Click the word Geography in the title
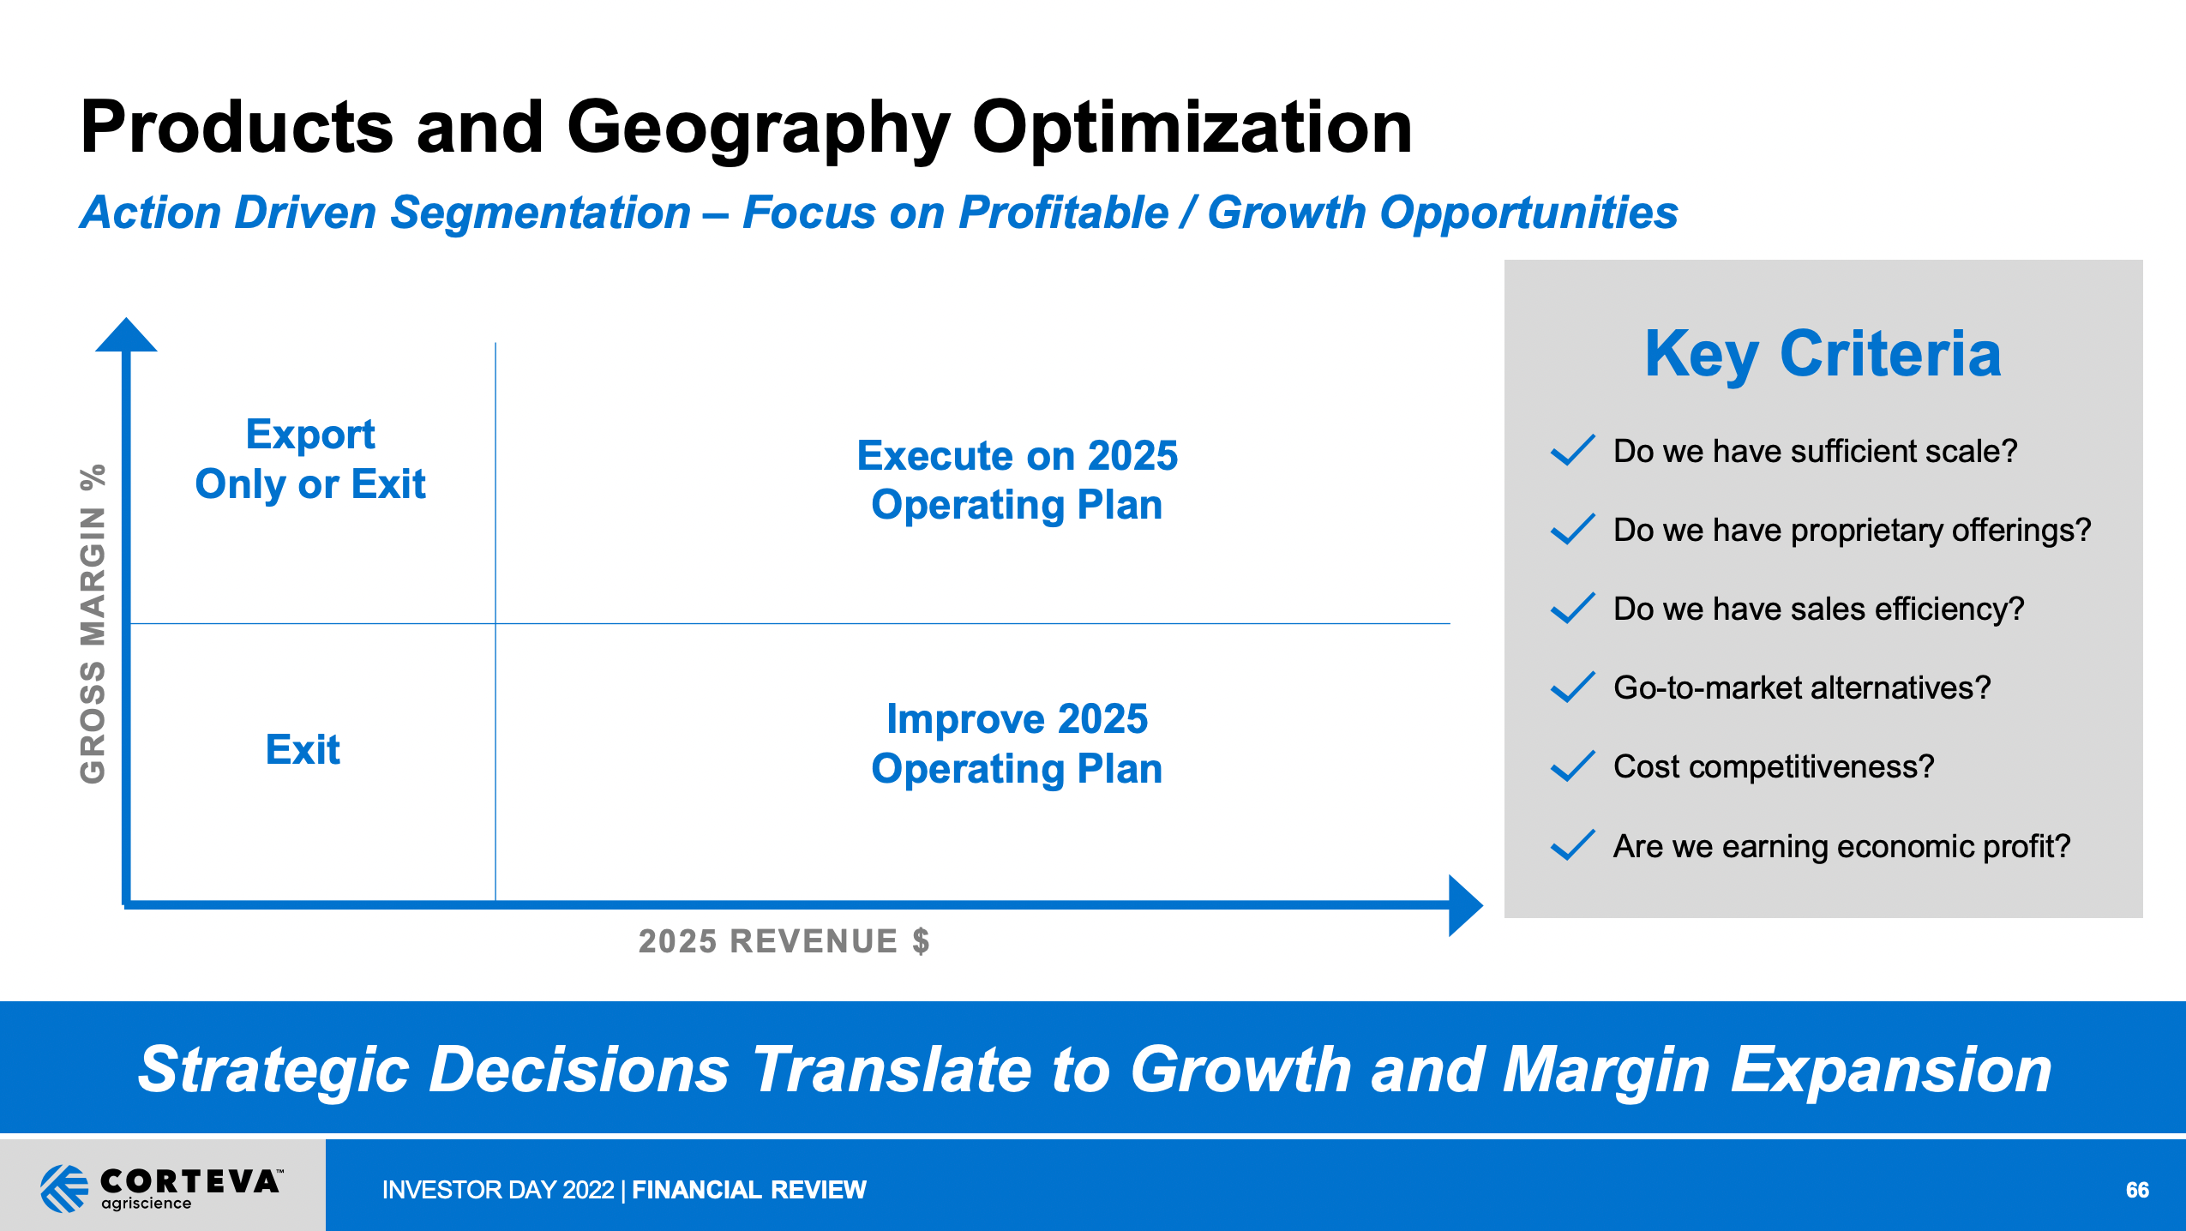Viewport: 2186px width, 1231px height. pos(759,129)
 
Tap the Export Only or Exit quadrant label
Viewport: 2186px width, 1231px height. pos(310,459)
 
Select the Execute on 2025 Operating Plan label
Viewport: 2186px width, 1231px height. pos(1017,480)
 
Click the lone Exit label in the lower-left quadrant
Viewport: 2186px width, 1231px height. pos(303,750)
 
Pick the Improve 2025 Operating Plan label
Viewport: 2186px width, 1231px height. pos(1017,743)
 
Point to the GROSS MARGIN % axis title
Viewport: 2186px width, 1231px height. pos(93,623)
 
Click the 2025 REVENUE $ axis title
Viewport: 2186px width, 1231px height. pos(784,941)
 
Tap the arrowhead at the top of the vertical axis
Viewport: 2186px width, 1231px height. pos(126,335)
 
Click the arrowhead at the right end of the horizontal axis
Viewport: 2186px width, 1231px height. pos(1465,905)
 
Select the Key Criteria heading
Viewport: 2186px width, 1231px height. pos(1823,354)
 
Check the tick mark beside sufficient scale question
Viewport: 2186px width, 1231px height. pos(1572,450)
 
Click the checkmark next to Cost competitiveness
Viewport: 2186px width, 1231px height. pos(1572,766)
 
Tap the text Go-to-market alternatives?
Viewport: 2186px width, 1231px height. pos(1802,688)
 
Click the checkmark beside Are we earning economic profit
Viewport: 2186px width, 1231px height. pos(1572,845)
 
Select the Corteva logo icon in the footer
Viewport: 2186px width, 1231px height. pos(64,1188)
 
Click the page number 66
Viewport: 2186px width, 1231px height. pos(2137,1190)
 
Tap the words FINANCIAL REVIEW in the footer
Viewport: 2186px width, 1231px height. pos(748,1190)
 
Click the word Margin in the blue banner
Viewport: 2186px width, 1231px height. pos(1606,1070)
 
